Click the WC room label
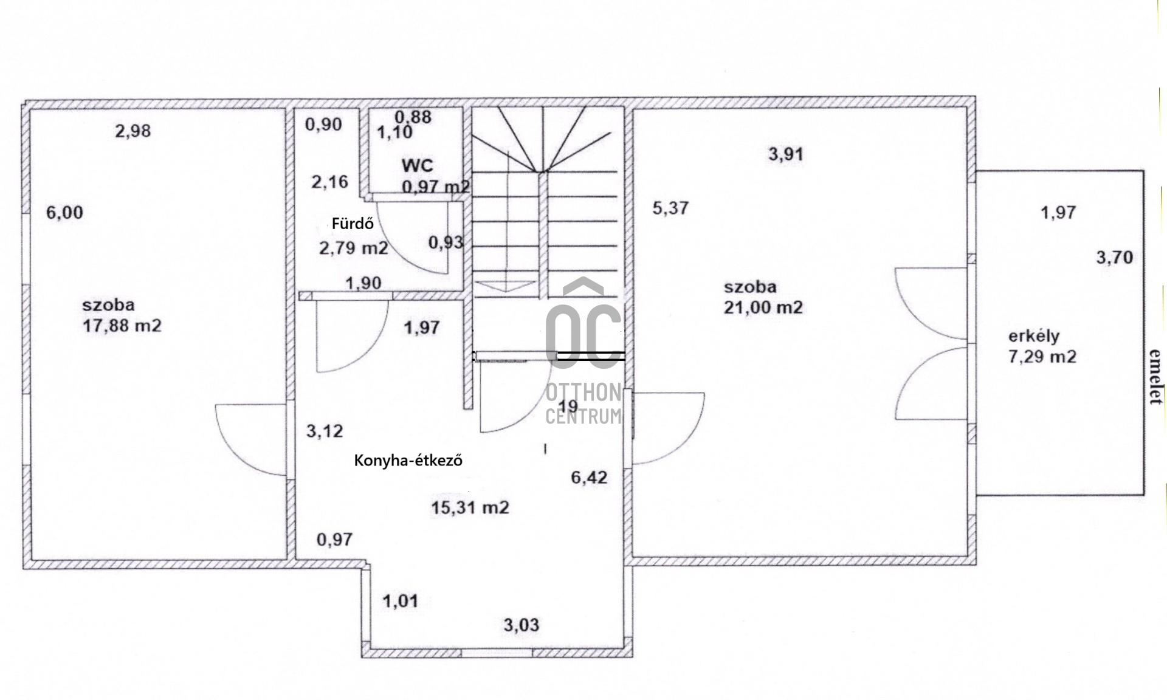[418, 165]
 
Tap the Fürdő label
[353, 223]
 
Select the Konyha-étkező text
[408, 461]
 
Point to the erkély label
[1034, 336]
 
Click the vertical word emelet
[1154, 377]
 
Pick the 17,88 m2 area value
[122, 326]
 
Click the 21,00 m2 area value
[763, 307]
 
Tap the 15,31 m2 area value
[470, 507]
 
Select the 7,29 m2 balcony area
[1042, 356]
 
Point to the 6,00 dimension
[65, 213]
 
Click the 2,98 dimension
[133, 131]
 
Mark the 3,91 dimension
[786, 154]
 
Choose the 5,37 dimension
[670, 208]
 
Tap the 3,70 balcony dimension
[1115, 257]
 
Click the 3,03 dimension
[522, 625]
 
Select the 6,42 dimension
[589, 478]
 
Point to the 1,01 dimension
[401, 602]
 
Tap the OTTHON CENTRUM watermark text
[583, 404]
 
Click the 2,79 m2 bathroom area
[354, 248]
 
